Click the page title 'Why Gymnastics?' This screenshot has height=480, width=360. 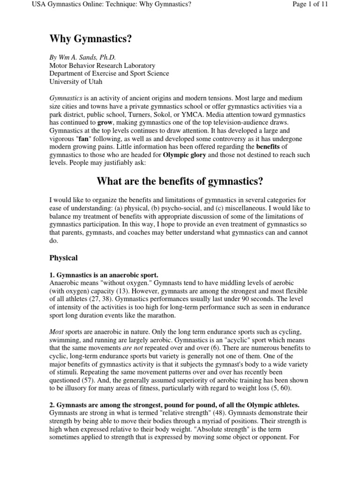pos(90,39)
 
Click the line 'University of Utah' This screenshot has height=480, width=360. pos(78,82)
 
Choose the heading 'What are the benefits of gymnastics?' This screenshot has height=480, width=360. pos(180,181)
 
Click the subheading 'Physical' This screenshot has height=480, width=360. pos(64,258)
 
